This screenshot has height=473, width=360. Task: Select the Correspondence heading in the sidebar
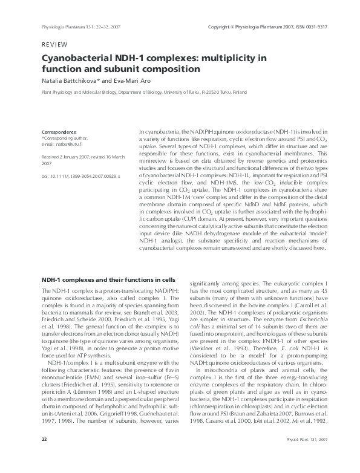(59, 131)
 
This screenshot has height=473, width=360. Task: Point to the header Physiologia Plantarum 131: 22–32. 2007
(76, 27)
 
